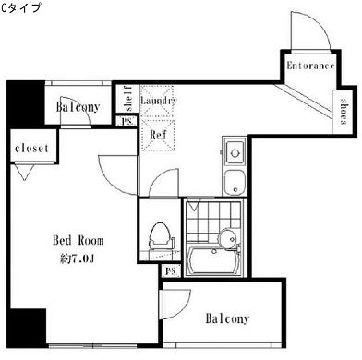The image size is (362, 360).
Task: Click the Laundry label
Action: pos(159,99)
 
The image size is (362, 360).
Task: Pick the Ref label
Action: pos(157,134)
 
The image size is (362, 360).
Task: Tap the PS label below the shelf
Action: pos(127,120)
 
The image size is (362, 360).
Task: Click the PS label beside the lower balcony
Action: pos(169,271)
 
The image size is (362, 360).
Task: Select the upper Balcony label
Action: pos(78,108)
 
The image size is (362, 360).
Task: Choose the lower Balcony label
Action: pos(226,319)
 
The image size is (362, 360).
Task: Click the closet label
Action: pos(32,148)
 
